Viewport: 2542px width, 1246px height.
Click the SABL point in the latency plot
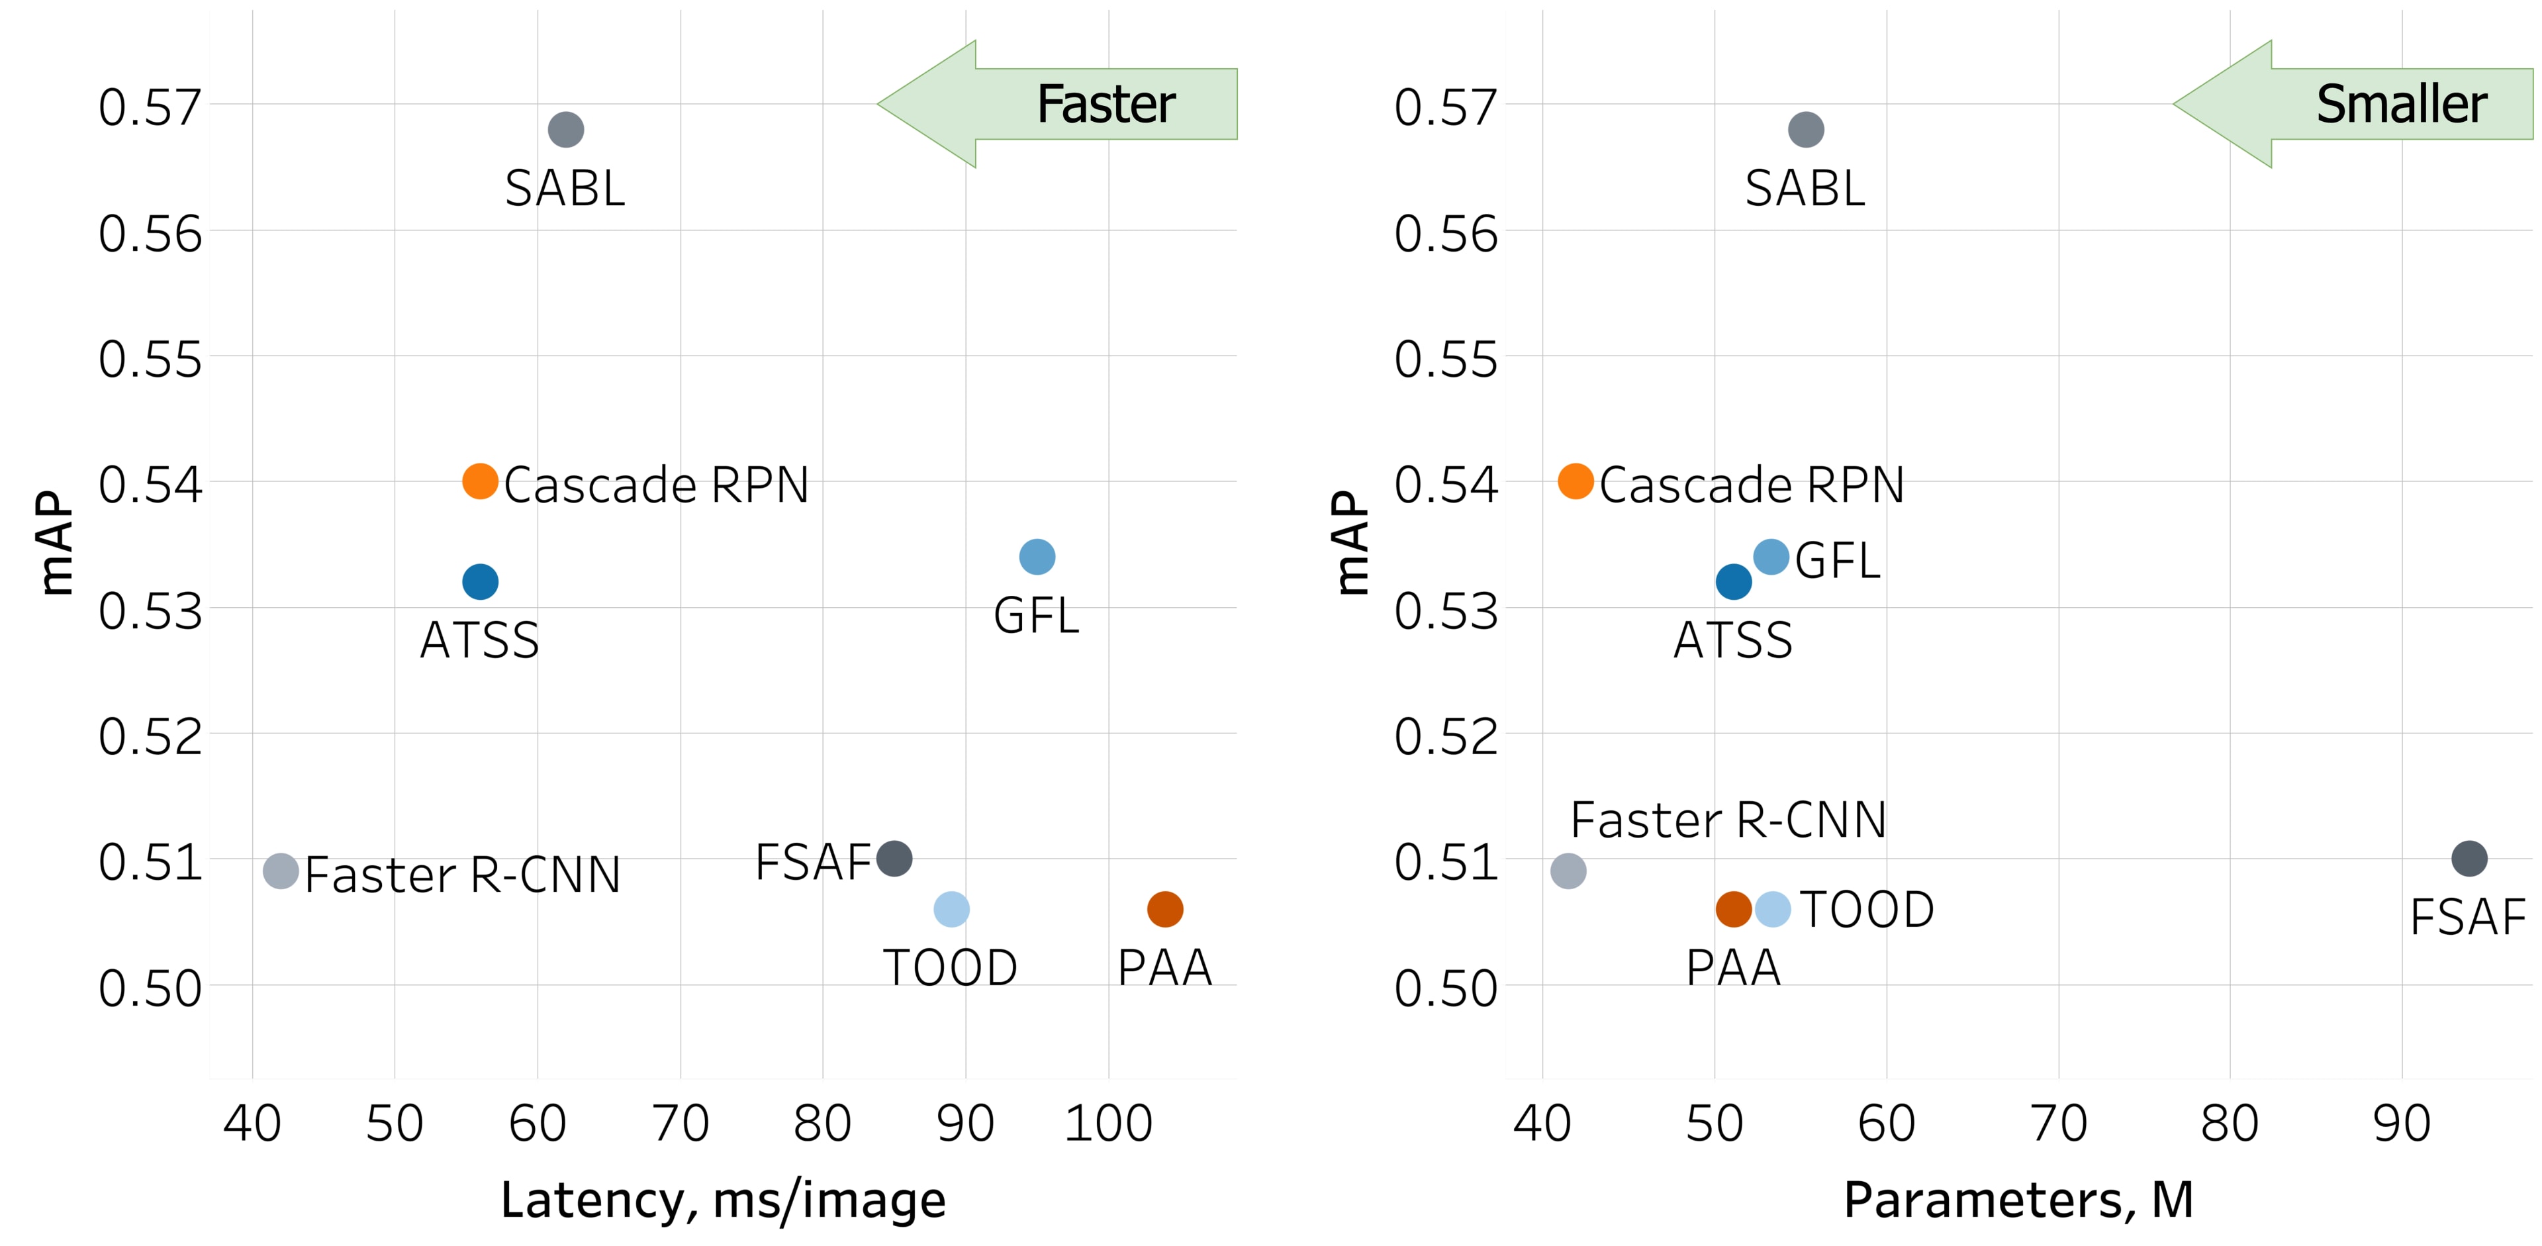tap(565, 129)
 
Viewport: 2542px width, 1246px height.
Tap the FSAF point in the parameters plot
tap(2469, 858)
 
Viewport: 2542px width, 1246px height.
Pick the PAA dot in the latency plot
tap(1164, 908)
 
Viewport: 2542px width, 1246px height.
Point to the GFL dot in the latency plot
tap(1036, 556)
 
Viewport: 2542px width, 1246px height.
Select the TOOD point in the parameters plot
tap(1772, 908)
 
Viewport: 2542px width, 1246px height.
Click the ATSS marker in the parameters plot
tap(1733, 582)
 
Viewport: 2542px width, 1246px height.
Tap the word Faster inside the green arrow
tap(1106, 105)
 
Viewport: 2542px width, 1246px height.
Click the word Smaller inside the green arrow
tap(2401, 105)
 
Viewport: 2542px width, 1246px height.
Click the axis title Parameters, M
tap(2018, 1200)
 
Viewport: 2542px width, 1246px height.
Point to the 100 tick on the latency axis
tap(1107, 1124)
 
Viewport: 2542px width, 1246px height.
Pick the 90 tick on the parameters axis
tap(2401, 1124)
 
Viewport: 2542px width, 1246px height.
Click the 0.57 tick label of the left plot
tap(150, 107)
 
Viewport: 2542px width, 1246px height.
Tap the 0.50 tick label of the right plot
tap(1446, 988)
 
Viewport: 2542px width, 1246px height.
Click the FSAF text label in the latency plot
tap(813, 862)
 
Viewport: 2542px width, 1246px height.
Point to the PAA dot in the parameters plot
tap(1733, 908)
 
